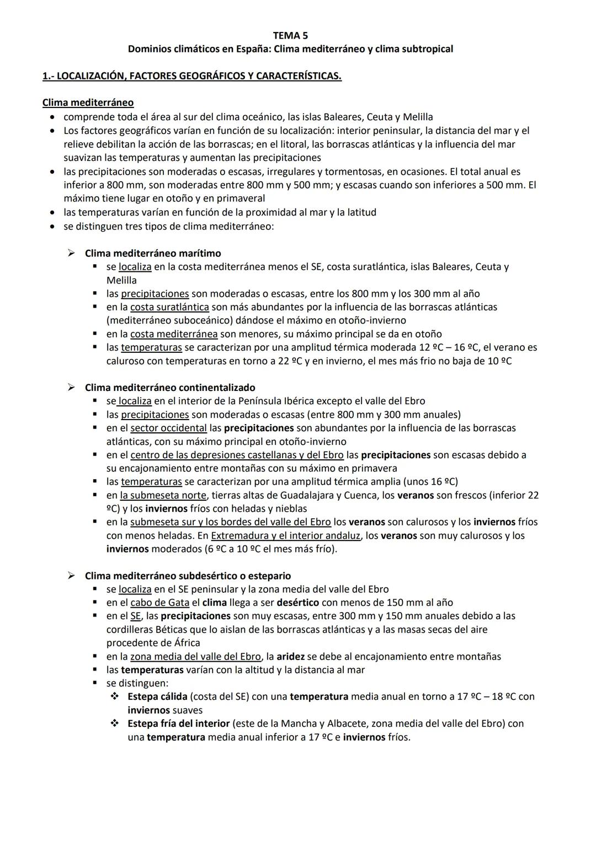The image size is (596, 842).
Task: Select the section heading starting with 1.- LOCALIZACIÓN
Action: (191, 76)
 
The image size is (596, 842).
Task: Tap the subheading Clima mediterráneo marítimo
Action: (152, 253)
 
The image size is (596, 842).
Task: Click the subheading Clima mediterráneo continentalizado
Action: (169, 388)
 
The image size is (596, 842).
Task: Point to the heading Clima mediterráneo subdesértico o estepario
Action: (188, 576)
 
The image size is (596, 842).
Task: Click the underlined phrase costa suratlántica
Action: (169, 307)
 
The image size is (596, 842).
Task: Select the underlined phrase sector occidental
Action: (168, 428)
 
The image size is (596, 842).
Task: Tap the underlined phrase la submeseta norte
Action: (163, 495)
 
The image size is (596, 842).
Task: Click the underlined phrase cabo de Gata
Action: (159, 603)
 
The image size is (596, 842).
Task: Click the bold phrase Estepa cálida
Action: (157, 696)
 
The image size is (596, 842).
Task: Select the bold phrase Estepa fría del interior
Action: (178, 723)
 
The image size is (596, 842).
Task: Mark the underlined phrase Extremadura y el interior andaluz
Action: (285, 535)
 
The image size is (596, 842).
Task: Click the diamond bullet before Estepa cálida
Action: (115, 696)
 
